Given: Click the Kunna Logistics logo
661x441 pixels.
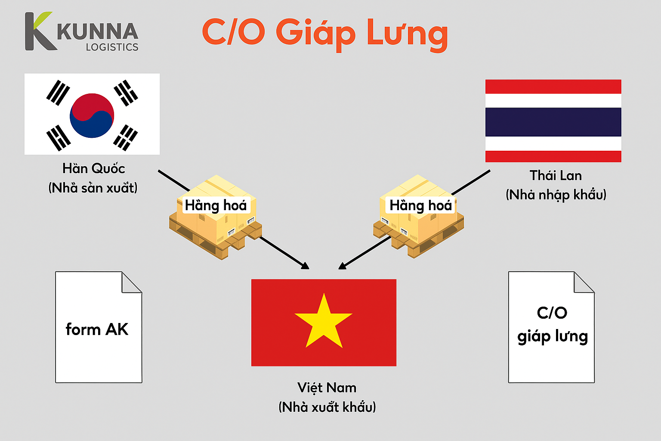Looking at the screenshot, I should pyautogui.click(x=82, y=32).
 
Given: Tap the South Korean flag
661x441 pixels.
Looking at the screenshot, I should pyautogui.click(x=92, y=114).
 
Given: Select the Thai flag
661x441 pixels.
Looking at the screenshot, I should pyautogui.click(x=553, y=121).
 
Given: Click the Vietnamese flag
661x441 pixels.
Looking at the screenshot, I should pyautogui.click(x=324, y=323).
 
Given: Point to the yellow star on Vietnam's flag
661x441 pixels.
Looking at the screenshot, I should pyautogui.click(x=324, y=321).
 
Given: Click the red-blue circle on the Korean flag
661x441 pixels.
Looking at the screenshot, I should pyautogui.click(x=92, y=115).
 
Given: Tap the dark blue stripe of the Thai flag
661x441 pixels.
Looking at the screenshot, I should pyautogui.click(x=553, y=122).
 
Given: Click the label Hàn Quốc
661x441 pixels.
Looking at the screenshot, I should pyautogui.click(x=93, y=168).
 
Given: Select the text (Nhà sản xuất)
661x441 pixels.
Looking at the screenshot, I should pyautogui.click(x=93, y=188).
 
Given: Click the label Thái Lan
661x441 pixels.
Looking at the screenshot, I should pyautogui.click(x=556, y=176).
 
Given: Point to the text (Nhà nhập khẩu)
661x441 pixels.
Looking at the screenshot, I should pyautogui.click(x=556, y=195).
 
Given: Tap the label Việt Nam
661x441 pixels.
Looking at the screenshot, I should pyautogui.click(x=327, y=388).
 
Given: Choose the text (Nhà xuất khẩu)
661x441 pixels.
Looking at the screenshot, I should pyautogui.click(x=327, y=407).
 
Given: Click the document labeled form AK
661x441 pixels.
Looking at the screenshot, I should pyautogui.click(x=99, y=327).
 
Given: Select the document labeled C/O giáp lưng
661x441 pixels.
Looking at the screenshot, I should pyautogui.click(x=552, y=327).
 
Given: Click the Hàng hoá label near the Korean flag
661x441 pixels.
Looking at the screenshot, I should pyautogui.click(x=216, y=205).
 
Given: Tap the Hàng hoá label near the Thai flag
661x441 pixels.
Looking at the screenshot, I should pyautogui.click(x=420, y=205).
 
